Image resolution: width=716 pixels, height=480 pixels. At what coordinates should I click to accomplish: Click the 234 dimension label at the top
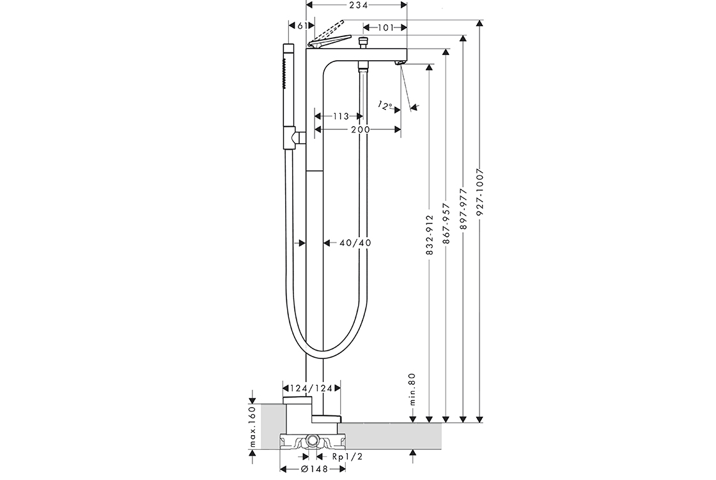point(359,5)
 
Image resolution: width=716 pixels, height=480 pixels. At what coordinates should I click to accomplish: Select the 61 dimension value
point(302,26)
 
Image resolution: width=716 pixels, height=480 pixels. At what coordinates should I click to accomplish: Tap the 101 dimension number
point(385,28)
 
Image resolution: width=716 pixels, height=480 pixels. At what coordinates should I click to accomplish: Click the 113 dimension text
point(341,116)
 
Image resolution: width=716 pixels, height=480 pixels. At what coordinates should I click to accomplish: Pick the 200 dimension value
point(361,130)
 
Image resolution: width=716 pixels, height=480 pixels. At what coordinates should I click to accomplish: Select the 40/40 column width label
point(355,243)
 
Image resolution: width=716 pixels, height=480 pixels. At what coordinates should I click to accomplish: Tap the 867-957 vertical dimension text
point(447,223)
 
